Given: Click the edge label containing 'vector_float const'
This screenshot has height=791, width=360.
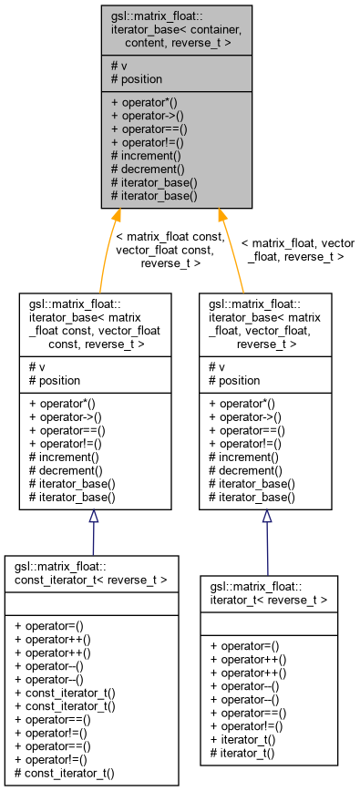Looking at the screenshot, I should click(x=170, y=250).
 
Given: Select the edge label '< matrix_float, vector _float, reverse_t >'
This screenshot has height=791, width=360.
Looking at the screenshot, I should click(x=297, y=250).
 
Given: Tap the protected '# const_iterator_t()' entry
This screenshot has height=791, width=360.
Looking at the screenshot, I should click(x=65, y=773).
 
